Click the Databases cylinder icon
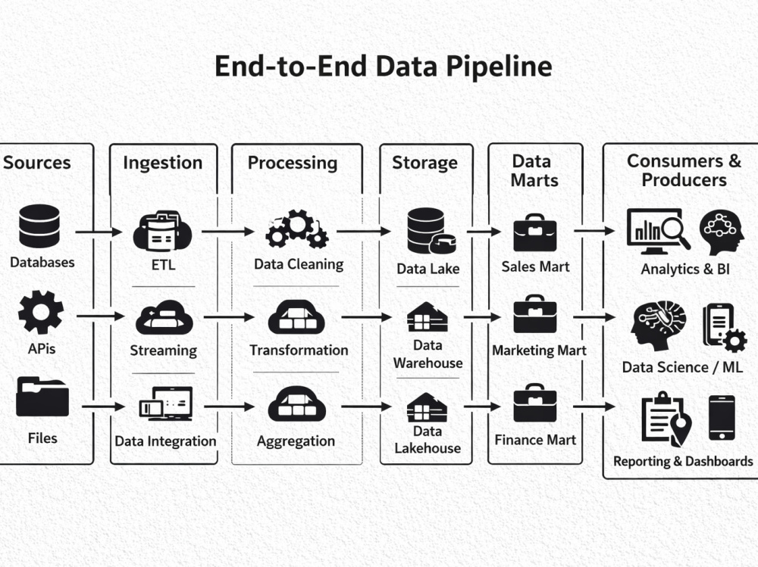click(39, 226)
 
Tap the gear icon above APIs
click(41, 312)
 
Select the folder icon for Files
click(42, 397)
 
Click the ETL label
click(164, 265)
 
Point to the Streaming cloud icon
click(164, 317)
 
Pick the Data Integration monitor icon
click(166, 403)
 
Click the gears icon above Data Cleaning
click(297, 229)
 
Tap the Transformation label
click(299, 350)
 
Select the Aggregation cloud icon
click(297, 403)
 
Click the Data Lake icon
click(431, 231)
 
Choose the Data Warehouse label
click(428, 354)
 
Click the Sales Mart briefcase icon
click(534, 232)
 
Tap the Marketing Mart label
click(539, 350)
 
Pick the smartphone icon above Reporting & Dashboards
click(722, 418)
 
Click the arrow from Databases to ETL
click(99, 232)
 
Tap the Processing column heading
click(293, 164)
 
